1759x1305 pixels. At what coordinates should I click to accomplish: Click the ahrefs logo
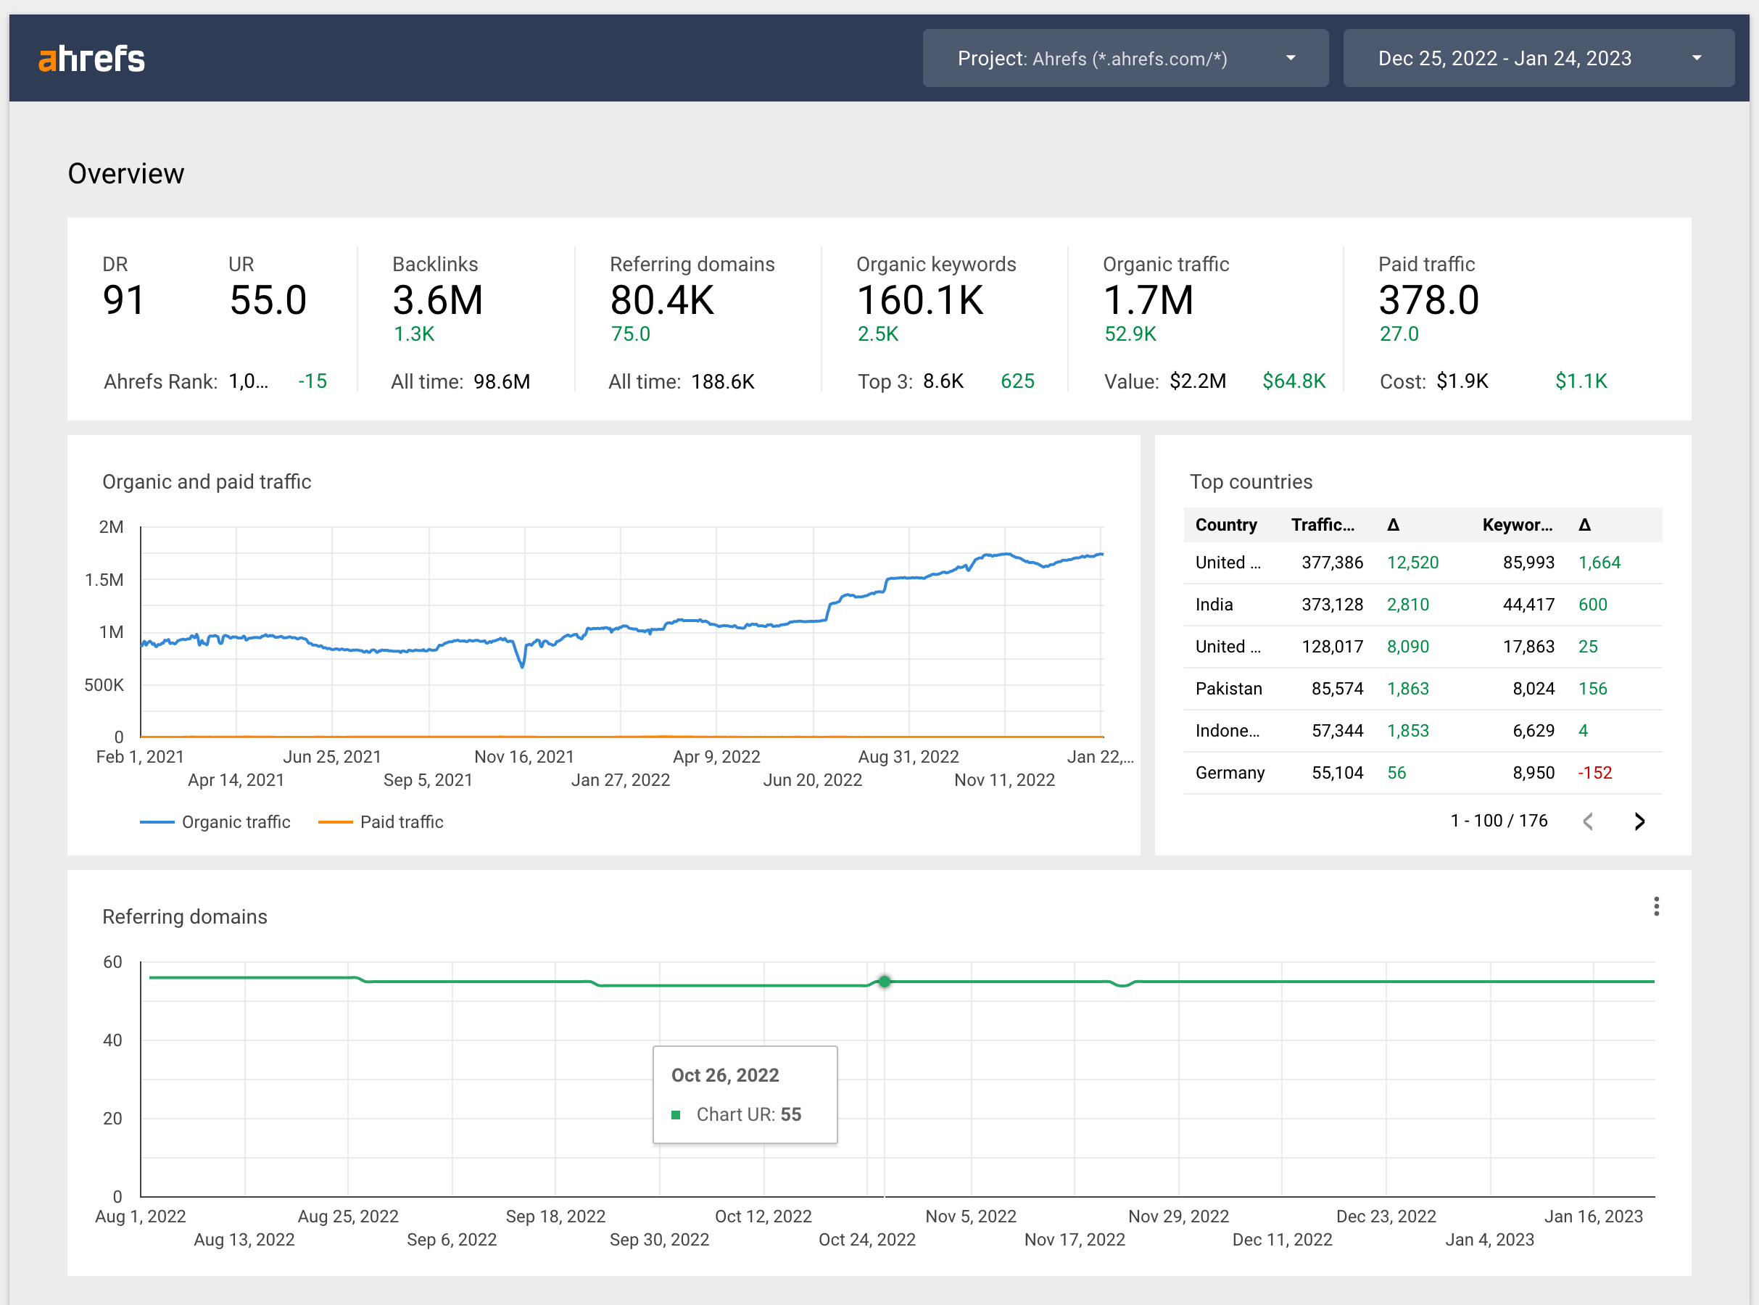point(91,59)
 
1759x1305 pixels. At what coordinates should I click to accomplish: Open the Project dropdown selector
point(1124,59)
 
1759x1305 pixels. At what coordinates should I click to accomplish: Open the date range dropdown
point(1537,59)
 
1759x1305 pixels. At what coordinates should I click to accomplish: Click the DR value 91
point(123,301)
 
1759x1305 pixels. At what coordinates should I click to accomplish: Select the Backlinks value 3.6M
point(436,301)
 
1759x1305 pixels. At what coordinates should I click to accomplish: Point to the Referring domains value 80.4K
point(661,301)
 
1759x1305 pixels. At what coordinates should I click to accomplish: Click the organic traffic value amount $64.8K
point(1293,381)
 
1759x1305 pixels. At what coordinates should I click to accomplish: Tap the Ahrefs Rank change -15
point(312,381)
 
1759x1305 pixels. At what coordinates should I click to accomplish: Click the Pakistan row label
point(1228,689)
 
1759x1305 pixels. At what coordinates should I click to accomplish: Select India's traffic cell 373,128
point(1332,605)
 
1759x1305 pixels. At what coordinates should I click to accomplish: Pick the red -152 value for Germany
point(1594,774)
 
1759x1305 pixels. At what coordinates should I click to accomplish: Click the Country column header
point(1225,526)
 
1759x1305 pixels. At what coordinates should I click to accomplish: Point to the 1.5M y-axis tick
point(104,581)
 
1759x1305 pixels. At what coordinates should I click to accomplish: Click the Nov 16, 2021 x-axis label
point(523,757)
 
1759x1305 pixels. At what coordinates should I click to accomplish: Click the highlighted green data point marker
point(884,982)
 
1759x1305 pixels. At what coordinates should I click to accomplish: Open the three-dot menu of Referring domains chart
point(1655,907)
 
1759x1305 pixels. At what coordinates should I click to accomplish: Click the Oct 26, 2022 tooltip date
point(724,1076)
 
